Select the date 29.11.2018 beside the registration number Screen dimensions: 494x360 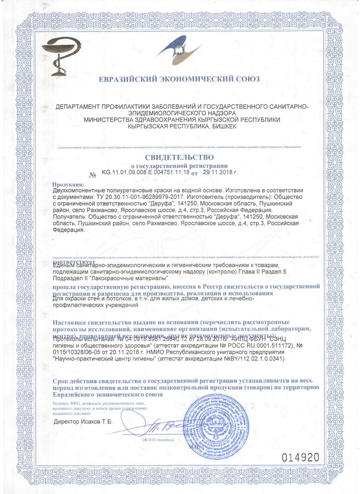pyautogui.click(x=220, y=173)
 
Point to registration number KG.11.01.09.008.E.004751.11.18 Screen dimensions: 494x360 pyautogui.click(x=146, y=173)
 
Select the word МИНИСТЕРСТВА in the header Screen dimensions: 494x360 pyautogui.click(x=107, y=120)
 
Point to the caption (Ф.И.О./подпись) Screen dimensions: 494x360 pyautogui.click(x=156, y=440)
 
